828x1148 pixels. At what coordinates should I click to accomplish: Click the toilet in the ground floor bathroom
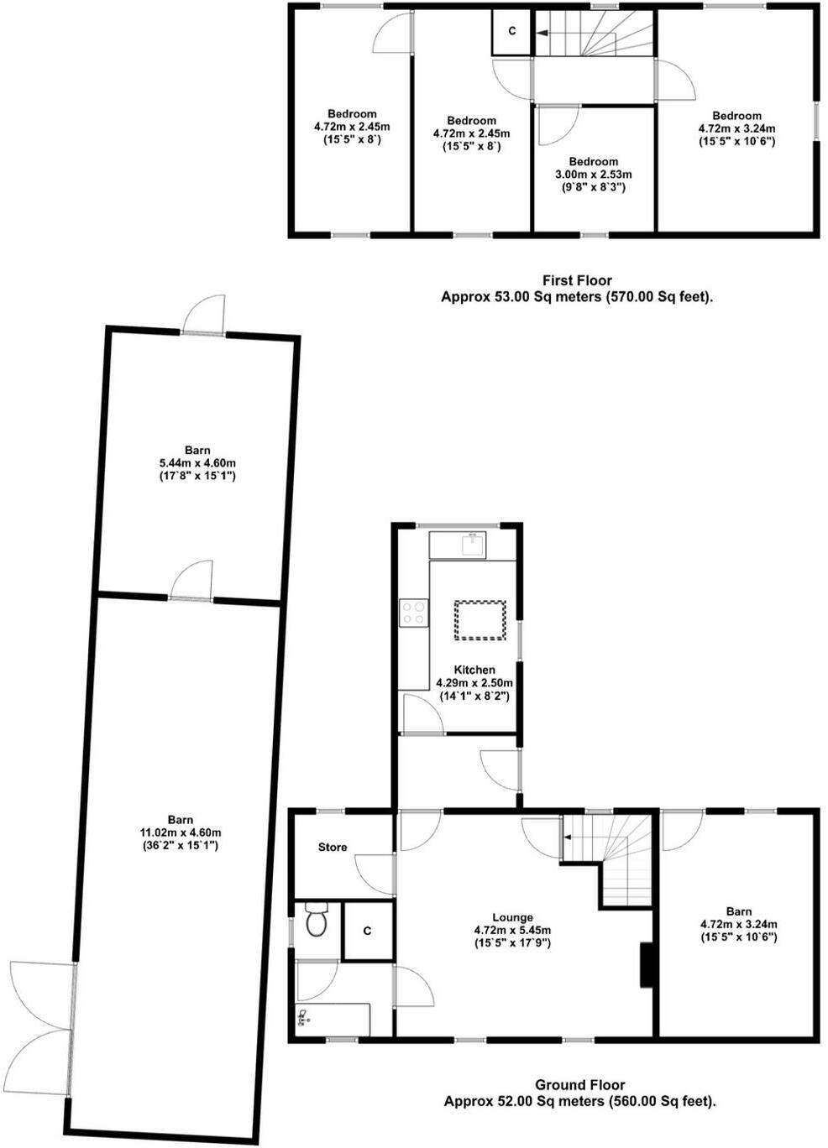(316, 921)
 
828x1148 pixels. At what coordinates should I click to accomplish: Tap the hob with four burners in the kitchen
(412, 613)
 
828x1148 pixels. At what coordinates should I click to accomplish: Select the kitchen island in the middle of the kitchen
(480, 619)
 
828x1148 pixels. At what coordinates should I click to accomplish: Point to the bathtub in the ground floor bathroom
(333, 1019)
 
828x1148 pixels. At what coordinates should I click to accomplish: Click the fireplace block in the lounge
(647, 965)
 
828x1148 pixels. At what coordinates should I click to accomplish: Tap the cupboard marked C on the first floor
(512, 32)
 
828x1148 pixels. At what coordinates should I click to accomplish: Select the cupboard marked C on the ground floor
(368, 931)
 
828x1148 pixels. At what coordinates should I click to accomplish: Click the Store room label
(333, 848)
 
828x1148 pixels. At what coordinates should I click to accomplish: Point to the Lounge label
(512, 918)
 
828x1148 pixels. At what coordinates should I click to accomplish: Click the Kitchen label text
(474, 670)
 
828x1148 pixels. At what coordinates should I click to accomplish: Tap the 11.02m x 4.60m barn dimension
(180, 832)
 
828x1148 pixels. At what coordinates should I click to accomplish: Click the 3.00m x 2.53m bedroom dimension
(594, 175)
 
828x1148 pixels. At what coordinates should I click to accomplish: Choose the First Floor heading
(577, 280)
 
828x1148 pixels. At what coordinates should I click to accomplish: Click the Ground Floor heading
(580, 1085)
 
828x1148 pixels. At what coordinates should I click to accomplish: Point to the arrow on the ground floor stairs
(569, 837)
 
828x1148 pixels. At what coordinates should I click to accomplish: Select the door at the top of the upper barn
(204, 317)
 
